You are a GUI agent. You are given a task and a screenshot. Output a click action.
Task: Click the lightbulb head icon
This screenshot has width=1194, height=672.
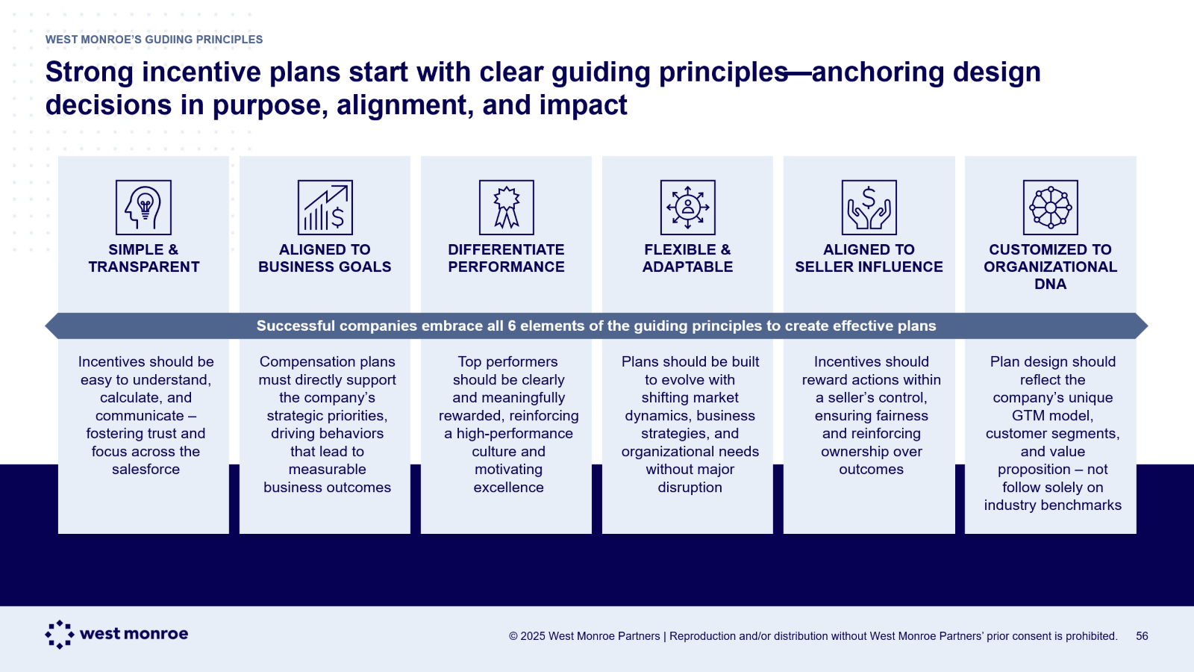[x=143, y=208]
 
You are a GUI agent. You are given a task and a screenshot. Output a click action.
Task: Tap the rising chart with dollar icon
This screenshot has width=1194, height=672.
[x=325, y=208]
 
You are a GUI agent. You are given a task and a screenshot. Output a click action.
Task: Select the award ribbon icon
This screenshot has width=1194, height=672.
[x=507, y=208]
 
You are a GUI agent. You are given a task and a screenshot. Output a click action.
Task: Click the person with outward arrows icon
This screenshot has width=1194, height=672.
[x=687, y=208]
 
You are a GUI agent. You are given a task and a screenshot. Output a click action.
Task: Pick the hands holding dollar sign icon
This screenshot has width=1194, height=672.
[x=869, y=208]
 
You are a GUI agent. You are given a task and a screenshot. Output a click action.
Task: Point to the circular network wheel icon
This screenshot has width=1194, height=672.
[x=1051, y=208]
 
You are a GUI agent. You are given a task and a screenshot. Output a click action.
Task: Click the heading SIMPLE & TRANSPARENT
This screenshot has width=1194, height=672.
[x=144, y=258]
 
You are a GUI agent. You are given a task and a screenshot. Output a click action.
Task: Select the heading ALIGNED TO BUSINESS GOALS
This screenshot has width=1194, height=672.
[x=325, y=258]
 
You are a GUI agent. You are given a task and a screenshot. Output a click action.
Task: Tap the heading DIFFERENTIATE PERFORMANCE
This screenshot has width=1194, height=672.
[x=507, y=258]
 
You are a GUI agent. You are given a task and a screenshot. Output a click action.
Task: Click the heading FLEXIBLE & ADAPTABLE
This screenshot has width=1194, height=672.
[x=687, y=258]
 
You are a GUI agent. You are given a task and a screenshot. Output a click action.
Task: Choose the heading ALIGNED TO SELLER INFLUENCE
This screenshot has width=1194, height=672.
[x=869, y=258]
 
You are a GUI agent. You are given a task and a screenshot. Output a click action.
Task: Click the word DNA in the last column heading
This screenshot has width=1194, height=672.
[x=1051, y=284]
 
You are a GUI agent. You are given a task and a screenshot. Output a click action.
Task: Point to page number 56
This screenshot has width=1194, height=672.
[x=1142, y=635]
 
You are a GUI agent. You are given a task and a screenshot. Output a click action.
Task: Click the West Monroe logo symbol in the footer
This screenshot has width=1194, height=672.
[x=60, y=634]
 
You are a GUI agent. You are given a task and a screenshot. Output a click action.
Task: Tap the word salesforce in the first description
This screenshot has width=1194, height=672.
[x=146, y=470]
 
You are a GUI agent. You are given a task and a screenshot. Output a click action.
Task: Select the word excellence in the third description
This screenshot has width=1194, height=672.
[x=508, y=488]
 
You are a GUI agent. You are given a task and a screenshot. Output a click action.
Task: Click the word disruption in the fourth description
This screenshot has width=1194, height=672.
[x=690, y=488]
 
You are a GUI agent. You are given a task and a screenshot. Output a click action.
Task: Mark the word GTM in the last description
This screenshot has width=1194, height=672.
[x=1026, y=415]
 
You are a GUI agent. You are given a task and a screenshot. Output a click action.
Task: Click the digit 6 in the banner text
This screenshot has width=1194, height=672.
[x=512, y=326]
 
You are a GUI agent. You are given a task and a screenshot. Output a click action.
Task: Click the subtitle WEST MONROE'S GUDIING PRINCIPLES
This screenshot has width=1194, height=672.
[x=154, y=40]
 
